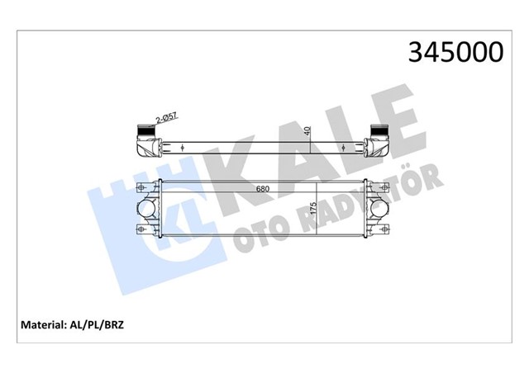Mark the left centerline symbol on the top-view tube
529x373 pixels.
click(182, 149)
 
